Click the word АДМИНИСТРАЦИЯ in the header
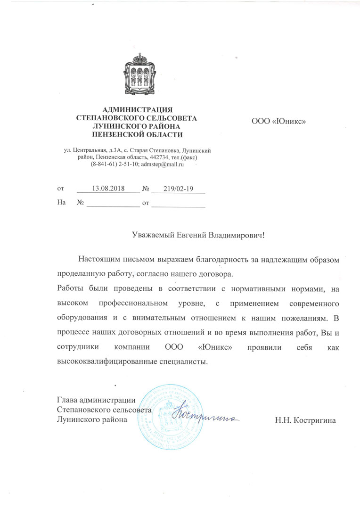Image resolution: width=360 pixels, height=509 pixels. coord(137,110)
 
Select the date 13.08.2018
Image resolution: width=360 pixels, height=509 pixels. coord(108,189)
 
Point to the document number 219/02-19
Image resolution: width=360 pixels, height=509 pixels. coord(179,189)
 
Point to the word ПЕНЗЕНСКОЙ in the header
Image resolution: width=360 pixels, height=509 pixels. coord(116,134)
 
